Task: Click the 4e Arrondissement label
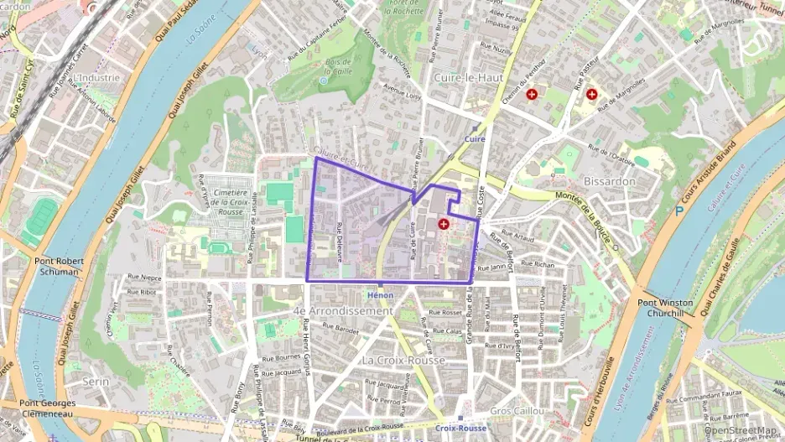[342, 310]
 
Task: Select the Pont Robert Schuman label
[59, 267]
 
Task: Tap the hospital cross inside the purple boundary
[443, 224]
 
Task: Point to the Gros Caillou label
[517, 411]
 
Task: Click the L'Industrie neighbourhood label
[96, 77]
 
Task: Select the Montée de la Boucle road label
[587, 219]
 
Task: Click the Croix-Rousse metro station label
[460, 428]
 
